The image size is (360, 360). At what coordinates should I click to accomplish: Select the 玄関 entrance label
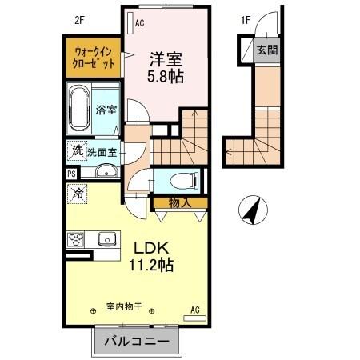click(266, 49)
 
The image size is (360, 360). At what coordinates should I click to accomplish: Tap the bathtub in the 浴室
click(80, 111)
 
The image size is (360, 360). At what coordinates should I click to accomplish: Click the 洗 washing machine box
click(77, 150)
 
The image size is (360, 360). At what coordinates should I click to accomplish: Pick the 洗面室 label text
click(102, 150)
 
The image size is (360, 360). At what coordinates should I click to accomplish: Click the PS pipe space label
click(71, 173)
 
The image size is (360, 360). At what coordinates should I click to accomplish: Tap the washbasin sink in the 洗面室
click(105, 171)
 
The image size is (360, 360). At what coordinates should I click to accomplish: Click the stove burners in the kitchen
click(77, 239)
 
